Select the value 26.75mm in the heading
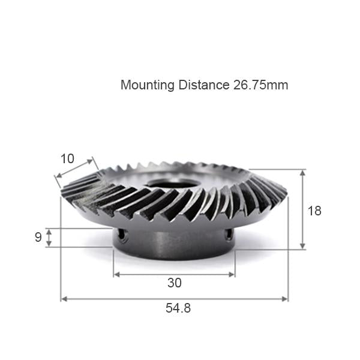(260, 85)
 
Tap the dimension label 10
(67, 159)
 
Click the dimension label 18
(314, 211)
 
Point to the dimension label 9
(38, 238)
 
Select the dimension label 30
(174, 283)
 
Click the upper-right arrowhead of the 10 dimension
(92, 161)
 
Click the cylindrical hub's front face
(174, 243)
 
